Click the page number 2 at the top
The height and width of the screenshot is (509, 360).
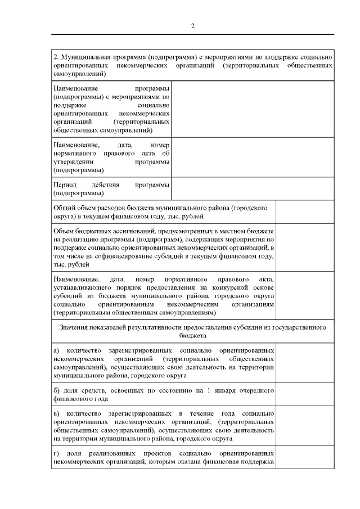click(x=192, y=25)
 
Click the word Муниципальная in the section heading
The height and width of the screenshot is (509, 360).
click(x=83, y=57)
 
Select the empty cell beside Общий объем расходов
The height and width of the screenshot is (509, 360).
click(x=305, y=212)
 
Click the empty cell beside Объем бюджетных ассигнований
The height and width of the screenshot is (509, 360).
click(x=305, y=248)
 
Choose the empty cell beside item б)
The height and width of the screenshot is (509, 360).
click(x=305, y=394)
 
